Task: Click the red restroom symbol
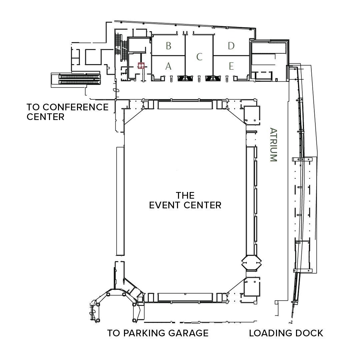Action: pyautogui.click(x=141, y=66)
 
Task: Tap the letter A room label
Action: pyautogui.click(x=168, y=66)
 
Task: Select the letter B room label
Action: pyautogui.click(x=169, y=46)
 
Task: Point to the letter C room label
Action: pyautogui.click(x=199, y=57)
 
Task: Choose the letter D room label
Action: pyautogui.click(x=231, y=46)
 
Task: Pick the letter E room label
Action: pyautogui.click(x=231, y=66)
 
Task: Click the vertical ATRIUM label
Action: pyautogui.click(x=273, y=145)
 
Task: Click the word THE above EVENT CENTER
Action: pyautogui.click(x=185, y=195)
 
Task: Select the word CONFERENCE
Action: pyautogui.click(x=76, y=107)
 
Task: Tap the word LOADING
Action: pyautogui.click(x=268, y=333)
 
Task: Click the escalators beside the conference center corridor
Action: pyautogui.click(x=80, y=79)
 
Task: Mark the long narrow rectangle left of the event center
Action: pyautogui.click(x=120, y=201)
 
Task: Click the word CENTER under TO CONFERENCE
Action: pyautogui.click(x=45, y=117)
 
